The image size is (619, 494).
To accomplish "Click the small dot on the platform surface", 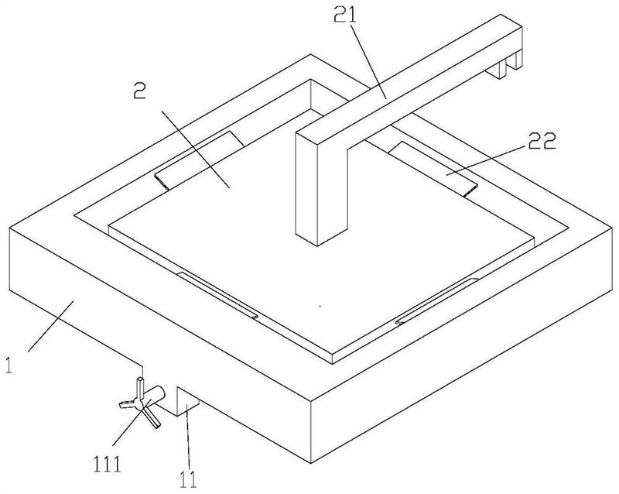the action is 320,307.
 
